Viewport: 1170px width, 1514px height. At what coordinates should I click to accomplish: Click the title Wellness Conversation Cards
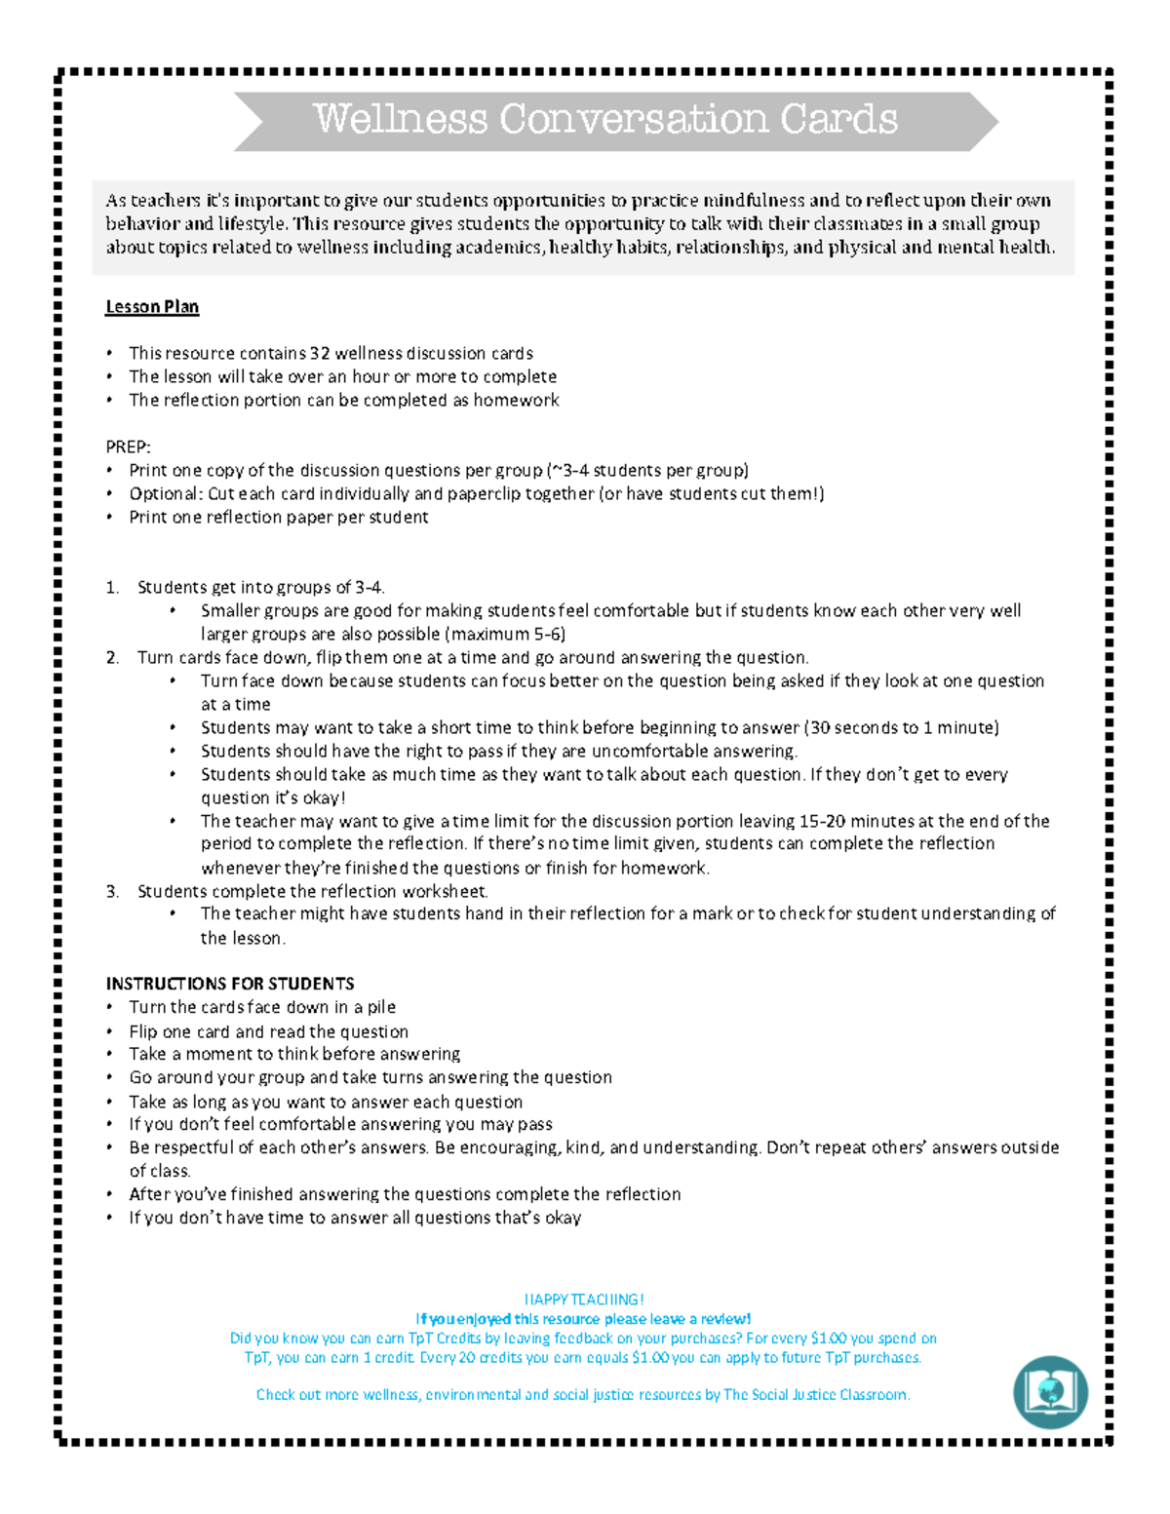point(604,120)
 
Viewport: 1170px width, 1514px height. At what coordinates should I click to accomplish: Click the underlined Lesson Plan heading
point(152,307)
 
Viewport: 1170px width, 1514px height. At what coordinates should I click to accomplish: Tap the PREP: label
point(128,446)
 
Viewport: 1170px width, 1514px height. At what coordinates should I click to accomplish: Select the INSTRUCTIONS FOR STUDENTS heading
point(230,984)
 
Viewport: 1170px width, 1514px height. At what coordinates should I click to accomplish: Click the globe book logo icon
point(1050,1391)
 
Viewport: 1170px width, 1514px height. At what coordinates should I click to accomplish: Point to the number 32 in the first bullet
point(319,353)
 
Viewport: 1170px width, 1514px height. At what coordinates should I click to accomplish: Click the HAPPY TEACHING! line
point(584,1300)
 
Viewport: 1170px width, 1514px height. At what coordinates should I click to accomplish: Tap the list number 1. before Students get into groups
point(113,587)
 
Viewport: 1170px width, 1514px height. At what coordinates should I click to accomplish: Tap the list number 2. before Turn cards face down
point(113,657)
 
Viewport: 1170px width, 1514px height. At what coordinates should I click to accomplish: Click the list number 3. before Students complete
point(113,891)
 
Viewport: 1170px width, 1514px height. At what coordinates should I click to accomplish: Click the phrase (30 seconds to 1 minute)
point(902,727)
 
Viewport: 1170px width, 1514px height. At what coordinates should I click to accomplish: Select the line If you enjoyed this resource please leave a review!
point(583,1319)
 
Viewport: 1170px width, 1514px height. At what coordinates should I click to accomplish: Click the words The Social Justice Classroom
point(816,1395)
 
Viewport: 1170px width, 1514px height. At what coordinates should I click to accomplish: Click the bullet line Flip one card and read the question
point(268,1031)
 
